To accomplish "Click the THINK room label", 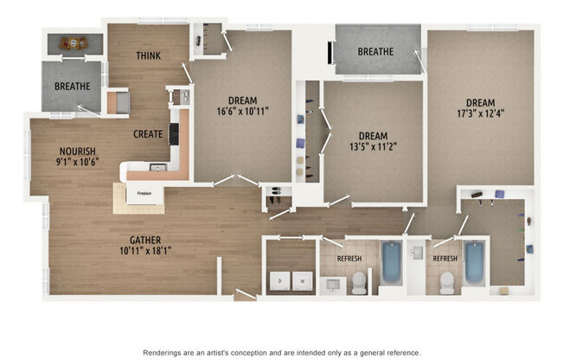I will (148, 56).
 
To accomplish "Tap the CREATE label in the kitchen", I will (149, 134).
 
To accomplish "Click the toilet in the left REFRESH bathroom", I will (359, 281).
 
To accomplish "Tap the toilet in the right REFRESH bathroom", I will (446, 281).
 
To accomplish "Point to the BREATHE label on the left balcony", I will (73, 87).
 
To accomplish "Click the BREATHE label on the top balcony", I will (375, 52).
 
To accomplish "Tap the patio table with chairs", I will (74, 42).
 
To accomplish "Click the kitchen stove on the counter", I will (174, 133).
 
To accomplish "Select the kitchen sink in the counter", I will (157, 167).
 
